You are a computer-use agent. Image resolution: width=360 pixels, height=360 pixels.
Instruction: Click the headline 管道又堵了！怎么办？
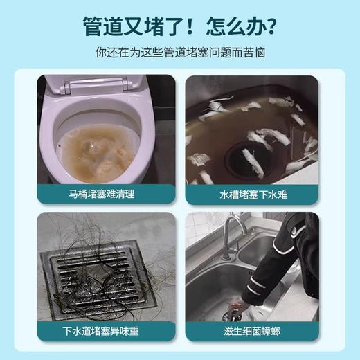tap(180, 27)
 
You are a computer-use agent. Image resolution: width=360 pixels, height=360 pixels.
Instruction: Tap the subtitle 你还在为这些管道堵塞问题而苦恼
tap(180, 53)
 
